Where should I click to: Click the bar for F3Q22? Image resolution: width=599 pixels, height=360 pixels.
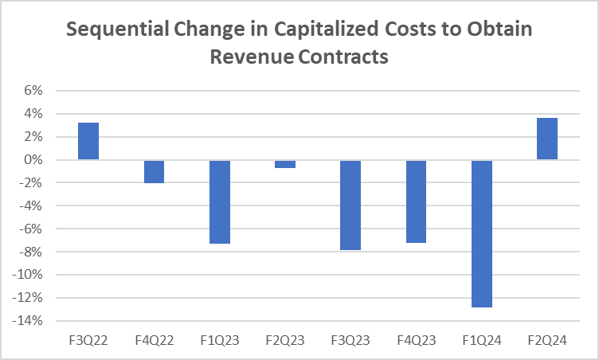point(88,142)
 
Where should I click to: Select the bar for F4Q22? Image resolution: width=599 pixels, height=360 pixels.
point(154,171)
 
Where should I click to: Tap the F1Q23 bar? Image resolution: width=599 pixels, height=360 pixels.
point(219,202)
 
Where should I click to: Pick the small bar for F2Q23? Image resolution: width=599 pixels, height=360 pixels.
point(285,164)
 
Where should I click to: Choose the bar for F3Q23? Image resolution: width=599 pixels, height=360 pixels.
point(350,205)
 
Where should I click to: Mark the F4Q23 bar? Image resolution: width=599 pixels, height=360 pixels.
point(416,202)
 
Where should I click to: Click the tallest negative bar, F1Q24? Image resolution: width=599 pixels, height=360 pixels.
point(481,233)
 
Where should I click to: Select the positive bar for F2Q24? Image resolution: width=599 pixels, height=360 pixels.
point(546,139)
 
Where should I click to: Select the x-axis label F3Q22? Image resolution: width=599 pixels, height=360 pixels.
point(88,340)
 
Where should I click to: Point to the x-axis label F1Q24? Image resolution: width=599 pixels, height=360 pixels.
point(481,340)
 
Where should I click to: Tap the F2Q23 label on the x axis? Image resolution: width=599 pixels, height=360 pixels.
point(285,340)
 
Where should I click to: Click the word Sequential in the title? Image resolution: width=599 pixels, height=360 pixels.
point(112,29)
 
